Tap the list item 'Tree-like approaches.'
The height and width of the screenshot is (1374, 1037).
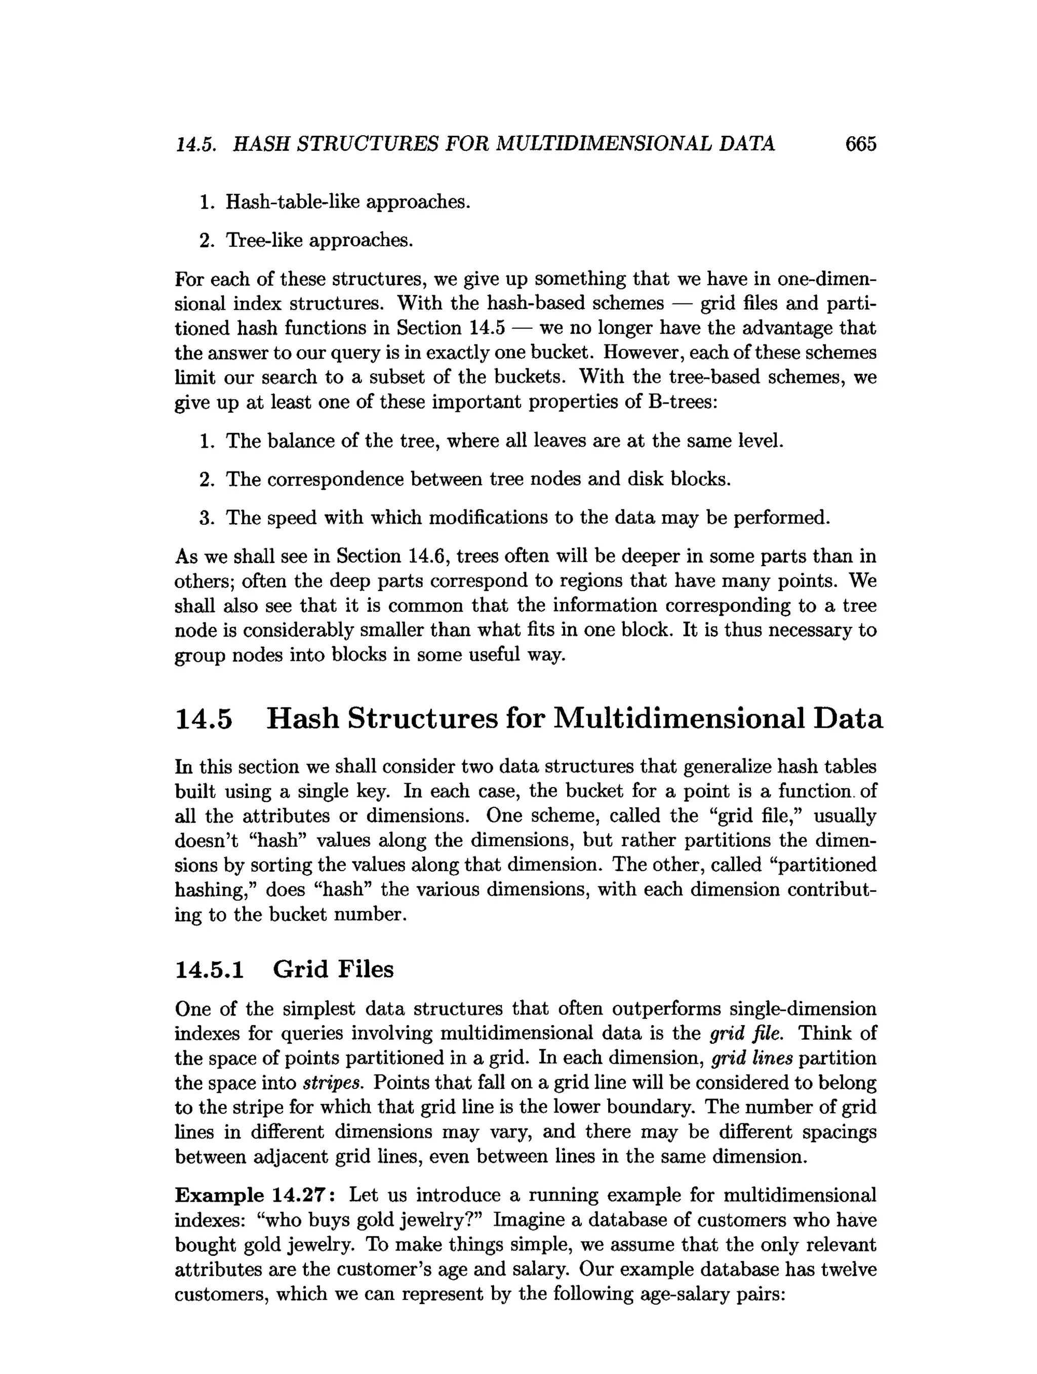(318, 240)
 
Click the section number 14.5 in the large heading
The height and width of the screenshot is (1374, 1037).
(204, 719)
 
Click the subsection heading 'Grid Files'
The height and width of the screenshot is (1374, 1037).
(333, 969)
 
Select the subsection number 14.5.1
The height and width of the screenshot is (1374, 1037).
(209, 969)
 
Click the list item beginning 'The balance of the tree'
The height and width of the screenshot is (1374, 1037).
(504, 441)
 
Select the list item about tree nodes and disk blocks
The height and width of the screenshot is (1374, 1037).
(477, 480)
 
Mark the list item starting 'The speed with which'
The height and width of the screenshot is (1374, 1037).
(527, 518)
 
